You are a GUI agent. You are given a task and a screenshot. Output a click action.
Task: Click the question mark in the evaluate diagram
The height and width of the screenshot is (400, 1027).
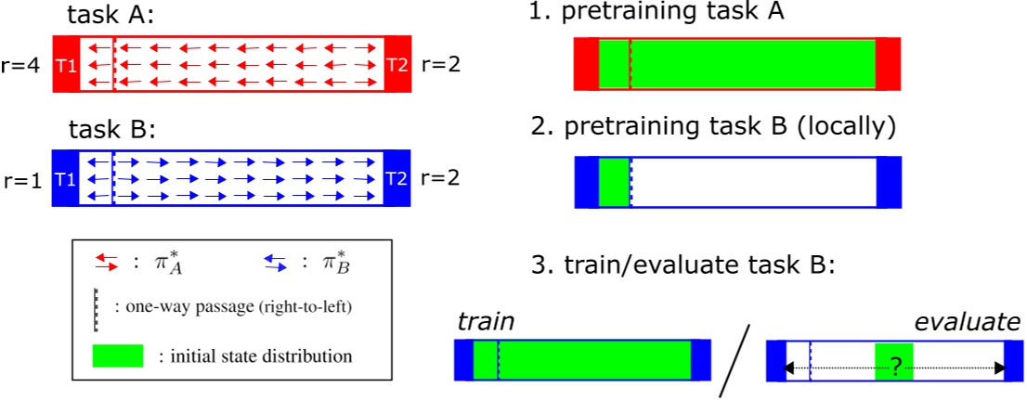pyautogui.click(x=894, y=367)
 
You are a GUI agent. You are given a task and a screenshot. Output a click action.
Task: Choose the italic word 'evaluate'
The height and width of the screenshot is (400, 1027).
pyautogui.click(x=967, y=322)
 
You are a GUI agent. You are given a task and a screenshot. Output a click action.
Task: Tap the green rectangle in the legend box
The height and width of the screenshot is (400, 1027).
pyautogui.click(x=117, y=355)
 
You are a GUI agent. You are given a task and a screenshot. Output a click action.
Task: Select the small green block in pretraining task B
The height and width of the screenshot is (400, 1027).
pyautogui.click(x=614, y=181)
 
